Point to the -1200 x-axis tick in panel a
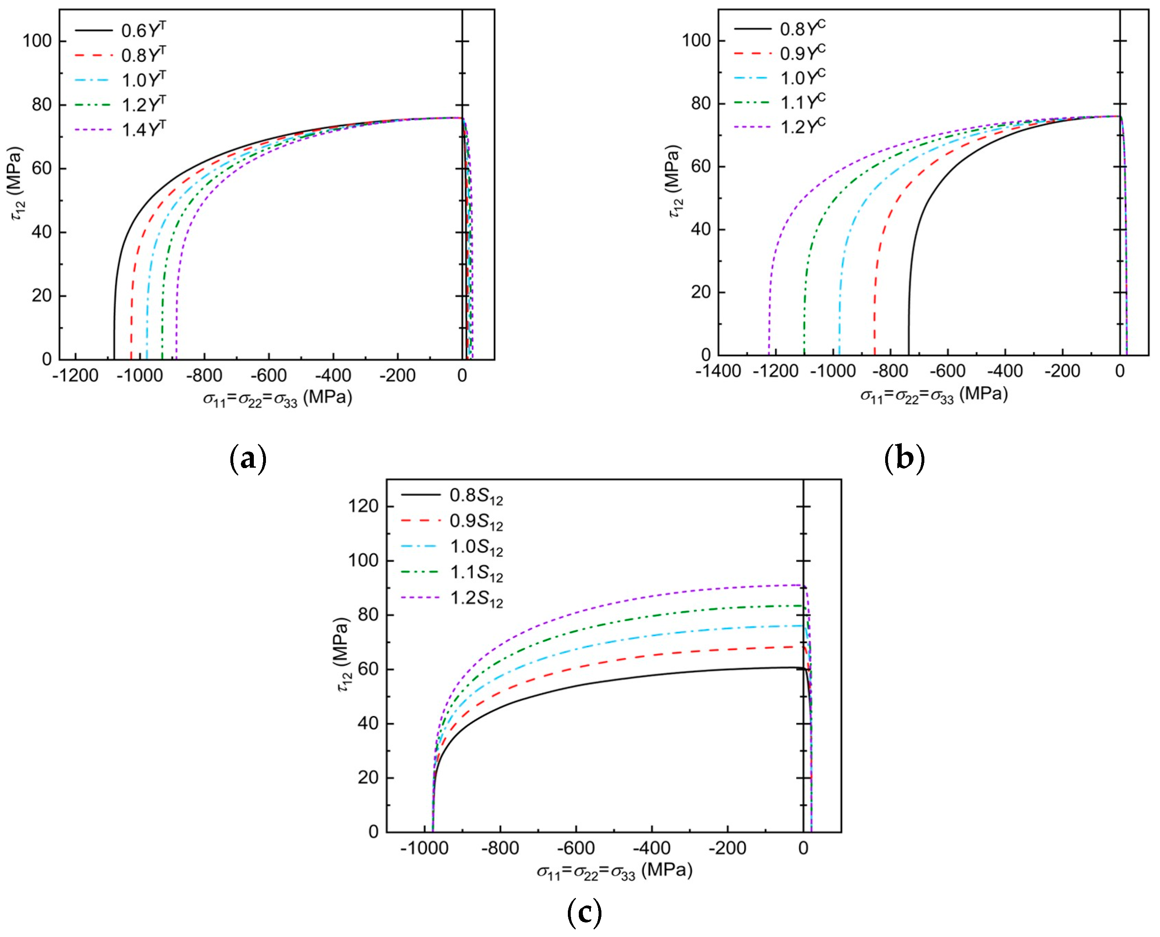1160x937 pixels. coord(76,376)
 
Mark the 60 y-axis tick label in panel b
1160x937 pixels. coord(701,166)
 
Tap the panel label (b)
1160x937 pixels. coord(905,459)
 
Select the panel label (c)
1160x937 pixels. coord(584,913)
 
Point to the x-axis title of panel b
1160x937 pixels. coord(934,395)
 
